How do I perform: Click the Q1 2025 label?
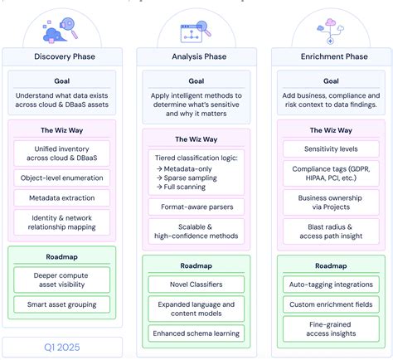click(x=61, y=347)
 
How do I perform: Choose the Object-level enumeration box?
click(x=61, y=178)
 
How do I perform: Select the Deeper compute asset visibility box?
click(x=61, y=279)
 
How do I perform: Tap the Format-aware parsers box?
click(x=196, y=207)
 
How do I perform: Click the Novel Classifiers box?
click(x=196, y=285)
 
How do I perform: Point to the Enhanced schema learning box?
click(x=196, y=333)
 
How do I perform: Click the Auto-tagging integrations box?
click(x=331, y=284)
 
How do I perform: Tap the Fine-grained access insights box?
click(x=331, y=328)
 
